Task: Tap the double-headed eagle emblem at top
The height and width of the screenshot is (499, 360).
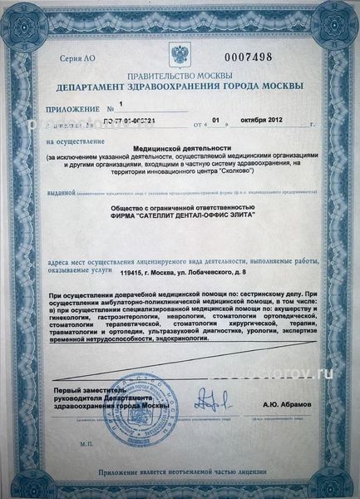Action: click(180, 56)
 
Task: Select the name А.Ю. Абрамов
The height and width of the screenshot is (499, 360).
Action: click(286, 405)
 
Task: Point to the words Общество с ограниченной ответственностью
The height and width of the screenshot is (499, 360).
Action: click(180, 208)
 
